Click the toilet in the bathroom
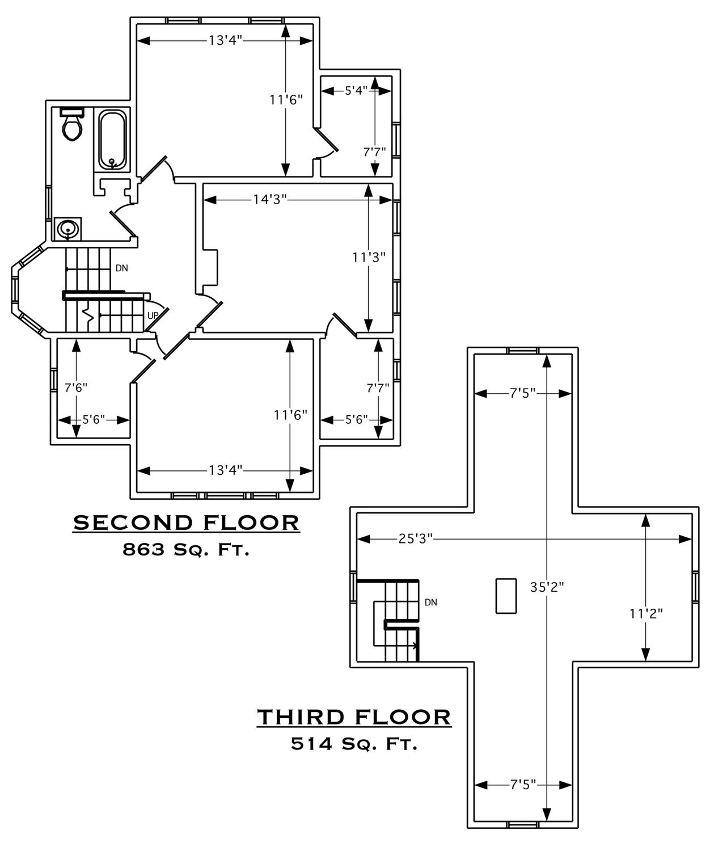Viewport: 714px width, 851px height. [x=72, y=124]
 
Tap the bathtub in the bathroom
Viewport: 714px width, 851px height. [x=113, y=140]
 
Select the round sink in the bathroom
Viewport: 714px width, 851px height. [x=67, y=229]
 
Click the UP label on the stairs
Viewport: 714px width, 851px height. [x=153, y=315]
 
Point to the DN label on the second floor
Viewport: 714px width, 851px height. [x=122, y=268]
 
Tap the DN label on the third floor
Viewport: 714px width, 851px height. [x=431, y=603]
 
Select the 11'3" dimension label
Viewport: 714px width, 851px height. [x=369, y=257]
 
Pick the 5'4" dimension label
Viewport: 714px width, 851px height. [x=356, y=90]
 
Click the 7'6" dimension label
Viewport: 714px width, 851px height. [x=76, y=387]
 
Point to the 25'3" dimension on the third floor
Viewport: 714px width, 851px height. [x=415, y=539]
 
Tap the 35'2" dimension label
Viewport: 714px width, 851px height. [x=547, y=587]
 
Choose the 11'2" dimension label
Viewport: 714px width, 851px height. [x=646, y=625]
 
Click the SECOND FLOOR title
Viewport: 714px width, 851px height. [x=186, y=523]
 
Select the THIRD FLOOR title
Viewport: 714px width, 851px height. [x=354, y=717]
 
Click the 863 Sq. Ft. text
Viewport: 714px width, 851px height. [x=185, y=550]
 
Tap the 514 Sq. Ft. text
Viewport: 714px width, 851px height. [x=354, y=744]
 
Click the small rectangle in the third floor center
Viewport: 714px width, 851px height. [x=506, y=596]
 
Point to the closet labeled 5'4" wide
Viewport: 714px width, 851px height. [x=356, y=127]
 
